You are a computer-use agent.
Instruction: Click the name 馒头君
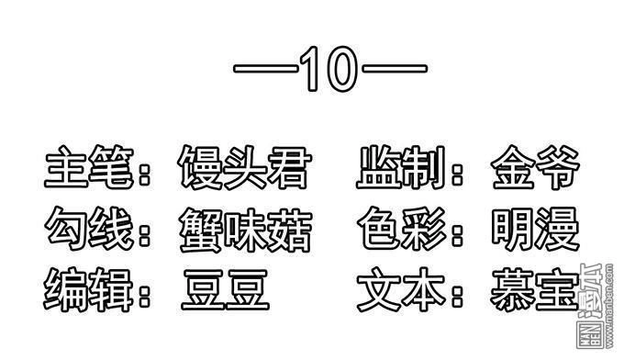click(243, 170)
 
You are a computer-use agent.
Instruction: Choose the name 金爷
click(535, 170)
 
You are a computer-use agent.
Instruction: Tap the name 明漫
click(535, 230)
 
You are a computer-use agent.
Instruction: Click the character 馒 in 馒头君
click(200, 170)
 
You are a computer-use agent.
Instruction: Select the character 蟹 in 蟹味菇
click(202, 230)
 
